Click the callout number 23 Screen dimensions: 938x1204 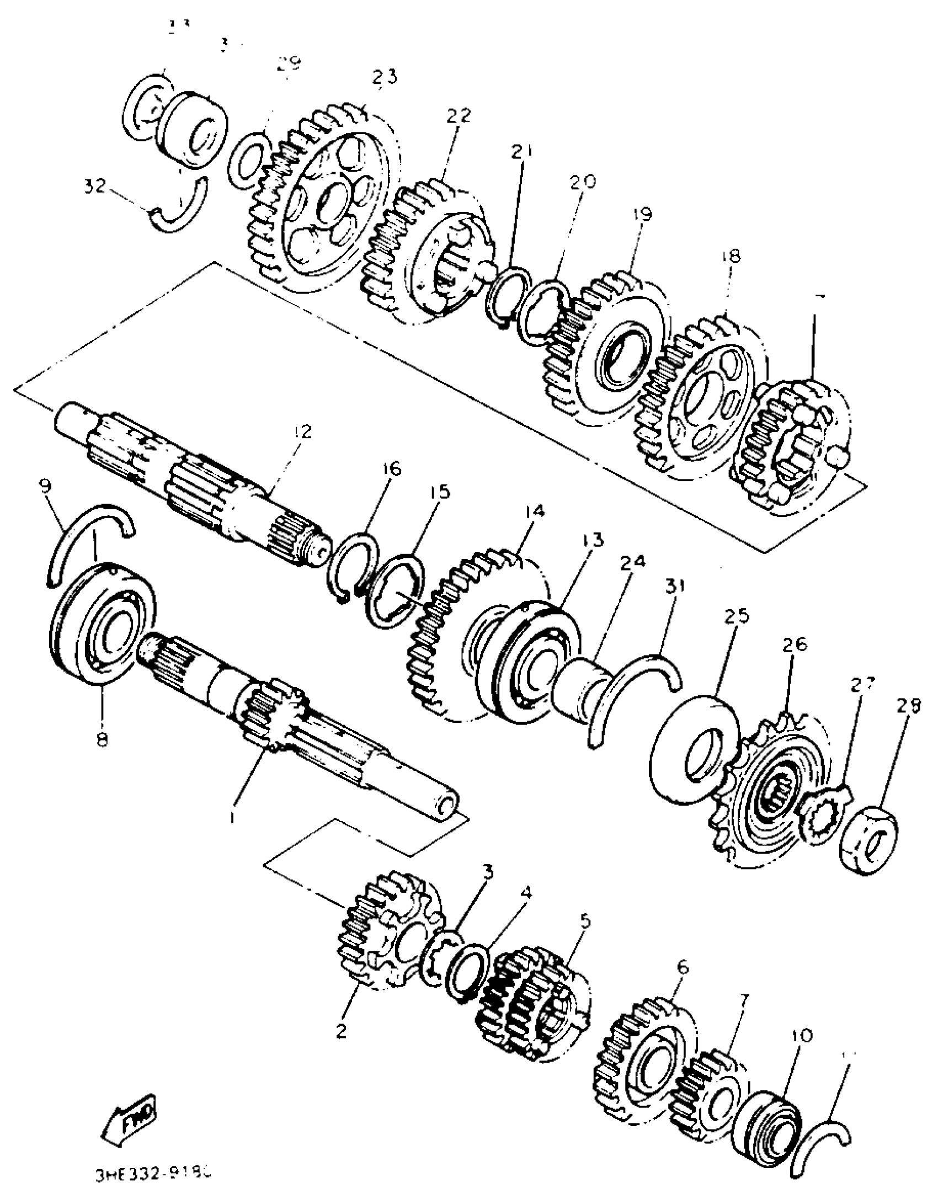click(384, 76)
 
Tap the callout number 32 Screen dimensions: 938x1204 click(94, 186)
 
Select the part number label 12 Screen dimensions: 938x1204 click(302, 431)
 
